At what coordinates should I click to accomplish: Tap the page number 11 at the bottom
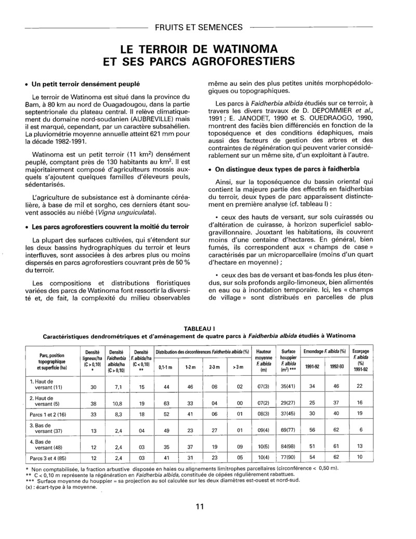(200, 507)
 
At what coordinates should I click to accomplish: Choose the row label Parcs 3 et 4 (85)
(47, 457)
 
